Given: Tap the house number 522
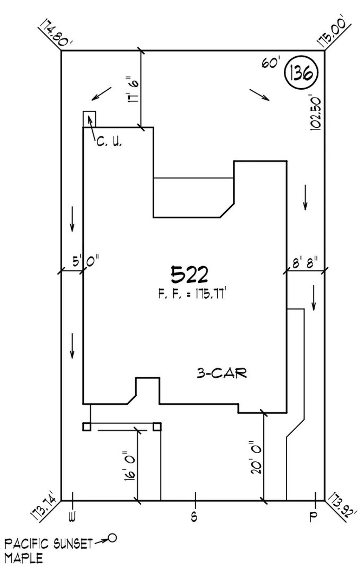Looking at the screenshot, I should coord(189,275).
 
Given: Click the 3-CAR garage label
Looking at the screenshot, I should coord(221,373).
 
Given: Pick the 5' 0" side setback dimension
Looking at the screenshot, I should coord(85,262).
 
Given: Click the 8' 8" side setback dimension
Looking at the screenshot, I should coord(305,263).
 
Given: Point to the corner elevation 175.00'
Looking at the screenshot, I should coord(334,32).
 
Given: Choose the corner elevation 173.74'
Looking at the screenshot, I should coord(44,510).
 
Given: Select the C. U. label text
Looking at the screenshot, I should coord(109,142).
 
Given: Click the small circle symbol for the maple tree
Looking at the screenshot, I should coord(112,538).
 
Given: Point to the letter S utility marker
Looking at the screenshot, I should coord(194,517).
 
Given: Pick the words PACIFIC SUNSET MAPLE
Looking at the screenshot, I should coord(48,550).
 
